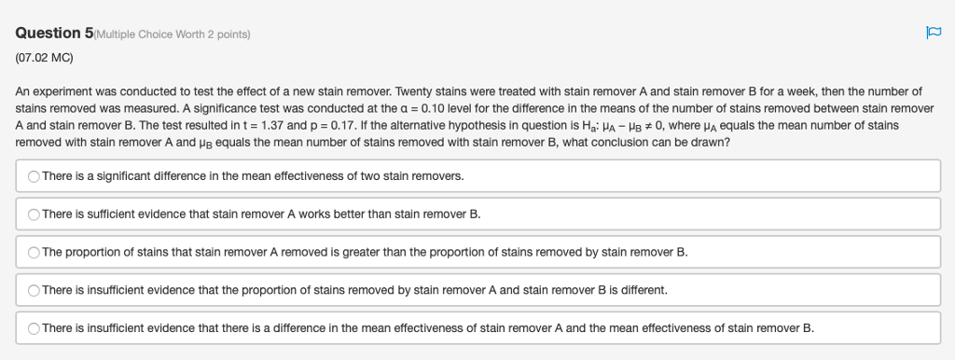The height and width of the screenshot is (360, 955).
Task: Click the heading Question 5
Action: pos(54,34)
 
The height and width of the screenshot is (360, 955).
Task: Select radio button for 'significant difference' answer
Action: pos(34,175)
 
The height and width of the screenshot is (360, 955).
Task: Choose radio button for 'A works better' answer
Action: pos(34,214)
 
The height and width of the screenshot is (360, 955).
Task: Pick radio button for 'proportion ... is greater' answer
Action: pos(34,252)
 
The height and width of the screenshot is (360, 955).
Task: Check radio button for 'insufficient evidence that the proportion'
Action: pos(34,290)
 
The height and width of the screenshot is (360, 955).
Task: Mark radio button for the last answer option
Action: pos(34,328)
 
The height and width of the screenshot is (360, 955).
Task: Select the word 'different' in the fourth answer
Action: pos(644,290)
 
